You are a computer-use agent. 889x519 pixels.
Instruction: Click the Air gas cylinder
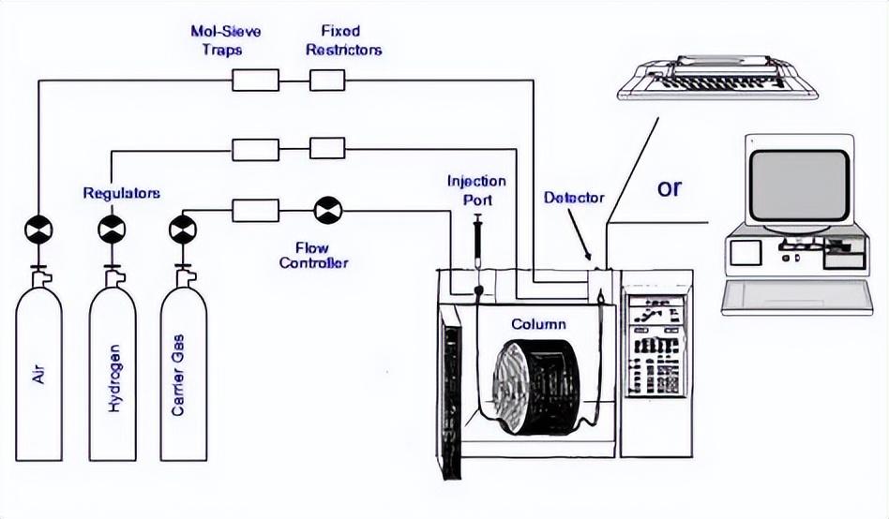click(x=38, y=375)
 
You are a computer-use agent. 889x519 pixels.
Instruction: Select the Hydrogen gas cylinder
click(x=112, y=375)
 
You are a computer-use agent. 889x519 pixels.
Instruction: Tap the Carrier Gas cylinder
click(x=183, y=375)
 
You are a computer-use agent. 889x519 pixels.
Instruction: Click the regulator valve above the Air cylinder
click(x=38, y=227)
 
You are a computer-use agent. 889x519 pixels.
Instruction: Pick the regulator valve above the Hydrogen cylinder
click(x=112, y=227)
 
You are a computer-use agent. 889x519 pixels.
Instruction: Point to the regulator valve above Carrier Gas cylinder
click(x=183, y=227)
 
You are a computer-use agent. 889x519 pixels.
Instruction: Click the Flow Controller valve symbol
click(x=329, y=210)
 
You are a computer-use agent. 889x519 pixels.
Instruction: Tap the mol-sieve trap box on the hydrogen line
click(x=255, y=148)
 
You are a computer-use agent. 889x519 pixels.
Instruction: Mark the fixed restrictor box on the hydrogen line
click(x=327, y=148)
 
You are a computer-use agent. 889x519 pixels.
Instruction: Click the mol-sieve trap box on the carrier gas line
click(x=255, y=210)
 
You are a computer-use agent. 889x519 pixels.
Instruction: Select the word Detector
click(x=574, y=199)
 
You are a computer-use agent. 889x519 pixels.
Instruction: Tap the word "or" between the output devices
click(x=669, y=188)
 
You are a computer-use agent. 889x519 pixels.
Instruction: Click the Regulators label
click(x=121, y=193)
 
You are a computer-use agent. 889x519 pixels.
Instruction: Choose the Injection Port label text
click(x=476, y=190)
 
